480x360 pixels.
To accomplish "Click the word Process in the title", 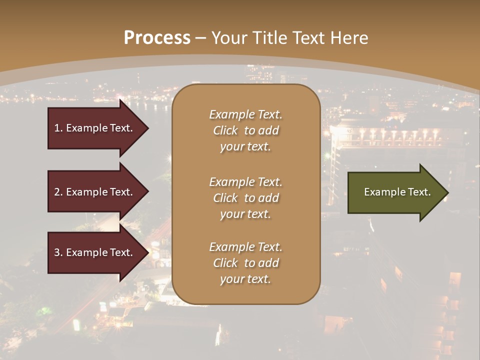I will click(157, 38).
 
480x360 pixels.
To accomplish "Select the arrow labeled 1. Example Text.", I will click(95, 128).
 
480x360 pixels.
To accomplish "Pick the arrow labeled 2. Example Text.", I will click(95, 192).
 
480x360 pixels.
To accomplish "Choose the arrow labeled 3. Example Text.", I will click(95, 252).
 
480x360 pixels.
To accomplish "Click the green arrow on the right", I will click(395, 192).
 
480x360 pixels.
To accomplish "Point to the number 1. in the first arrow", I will click(58, 128).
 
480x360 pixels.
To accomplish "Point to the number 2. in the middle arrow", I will click(58, 192).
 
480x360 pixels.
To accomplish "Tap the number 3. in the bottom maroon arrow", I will click(58, 252).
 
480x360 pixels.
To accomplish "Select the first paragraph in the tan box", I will click(246, 130).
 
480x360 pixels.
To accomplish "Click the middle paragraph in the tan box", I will click(246, 197).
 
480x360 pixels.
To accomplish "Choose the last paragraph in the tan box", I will click(246, 263).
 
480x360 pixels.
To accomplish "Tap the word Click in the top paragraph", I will click(225, 130).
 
